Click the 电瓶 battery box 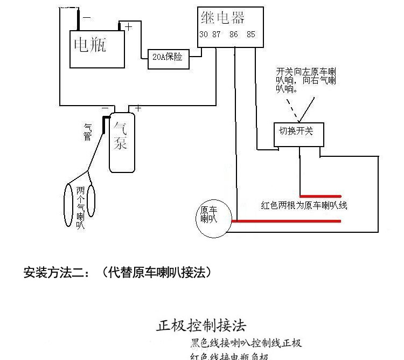[97, 49]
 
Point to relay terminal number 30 [204, 35]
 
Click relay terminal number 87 [217, 35]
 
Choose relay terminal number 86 [234, 35]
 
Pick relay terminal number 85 [250, 35]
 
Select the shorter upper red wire [321, 195]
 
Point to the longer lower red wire [285, 220]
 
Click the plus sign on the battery [128, 26]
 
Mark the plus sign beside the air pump [138, 108]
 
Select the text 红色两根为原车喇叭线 [304, 205]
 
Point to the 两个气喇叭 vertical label [80, 207]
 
